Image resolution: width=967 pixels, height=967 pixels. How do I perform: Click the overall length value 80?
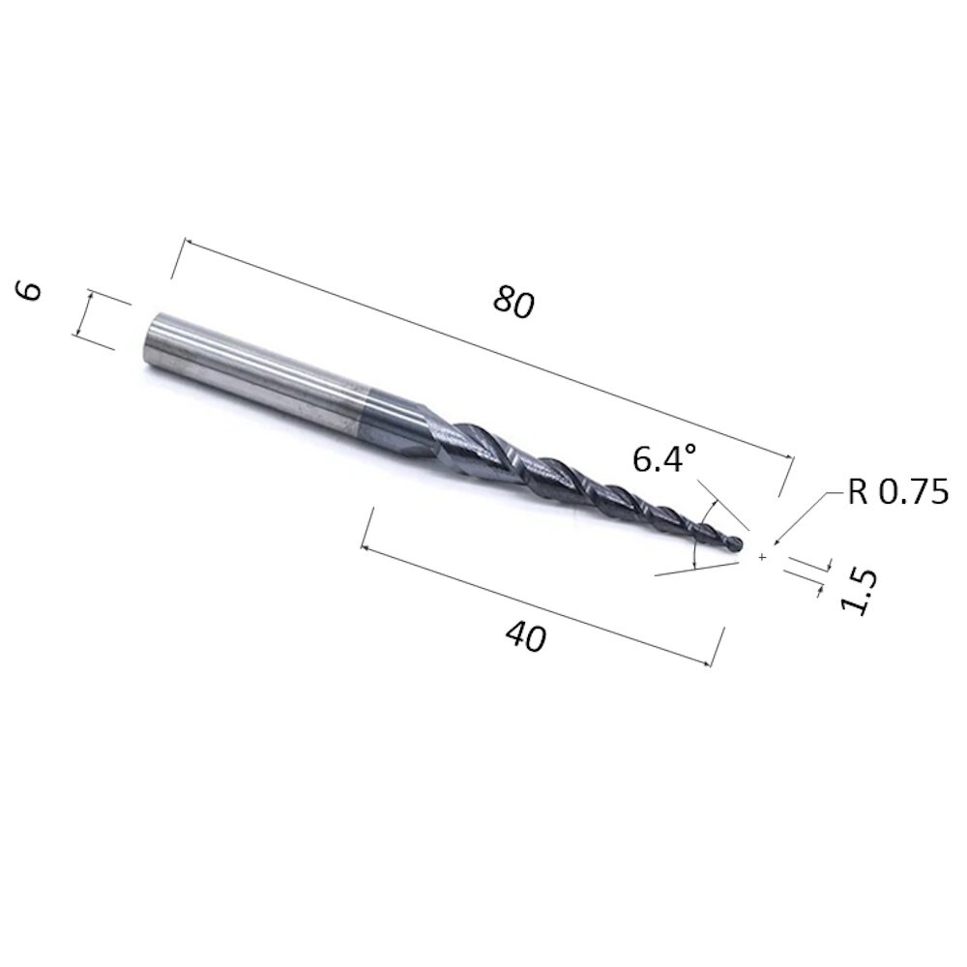point(513,303)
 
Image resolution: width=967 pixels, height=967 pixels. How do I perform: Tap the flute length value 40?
point(525,637)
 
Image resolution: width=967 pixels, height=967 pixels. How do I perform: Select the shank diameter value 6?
point(31,290)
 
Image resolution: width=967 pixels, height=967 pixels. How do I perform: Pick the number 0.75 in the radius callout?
point(914,493)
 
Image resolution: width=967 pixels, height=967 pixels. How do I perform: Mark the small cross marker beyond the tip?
point(763,557)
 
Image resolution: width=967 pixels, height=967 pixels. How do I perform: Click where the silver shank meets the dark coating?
point(360,405)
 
